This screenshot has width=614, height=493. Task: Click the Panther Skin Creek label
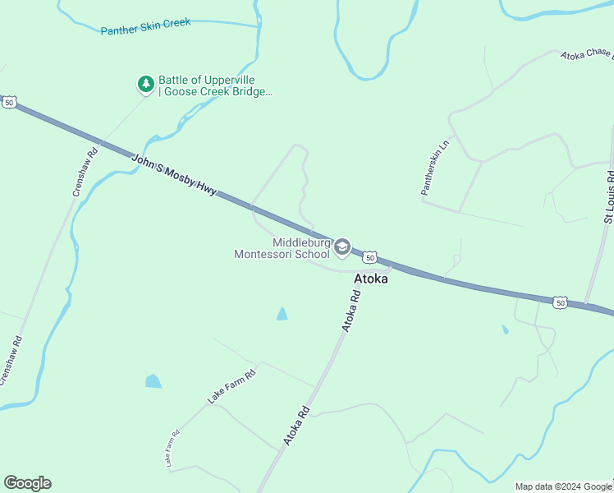[x=145, y=27]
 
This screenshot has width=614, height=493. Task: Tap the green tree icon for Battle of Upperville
[x=146, y=84]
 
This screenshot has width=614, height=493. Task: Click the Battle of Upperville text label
[x=213, y=85]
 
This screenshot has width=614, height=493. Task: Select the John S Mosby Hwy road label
[x=174, y=173]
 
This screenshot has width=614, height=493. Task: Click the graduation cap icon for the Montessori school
[x=342, y=246]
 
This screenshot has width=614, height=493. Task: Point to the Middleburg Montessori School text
[x=282, y=248]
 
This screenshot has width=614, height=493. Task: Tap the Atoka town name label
[x=370, y=279]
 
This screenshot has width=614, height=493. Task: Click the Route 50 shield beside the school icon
[x=371, y=257]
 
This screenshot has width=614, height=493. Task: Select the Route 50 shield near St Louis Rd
[x=560, y=302]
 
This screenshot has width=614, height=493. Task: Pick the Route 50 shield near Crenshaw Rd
[x=9, y=102]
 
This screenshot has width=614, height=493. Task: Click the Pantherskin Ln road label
[x=435, y=168]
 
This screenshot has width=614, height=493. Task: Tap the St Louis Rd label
[x=608, y=198]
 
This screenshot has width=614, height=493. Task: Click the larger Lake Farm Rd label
[x=231, y=386]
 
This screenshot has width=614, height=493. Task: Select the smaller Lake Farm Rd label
[x=170, y=450]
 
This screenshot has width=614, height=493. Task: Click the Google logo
[x=27, y=483]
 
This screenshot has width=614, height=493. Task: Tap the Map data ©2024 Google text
[x=563, y=486]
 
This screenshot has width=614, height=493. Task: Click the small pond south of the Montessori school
[x=282, y=314]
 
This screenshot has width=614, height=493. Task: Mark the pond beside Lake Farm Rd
[x=153, y=381]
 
